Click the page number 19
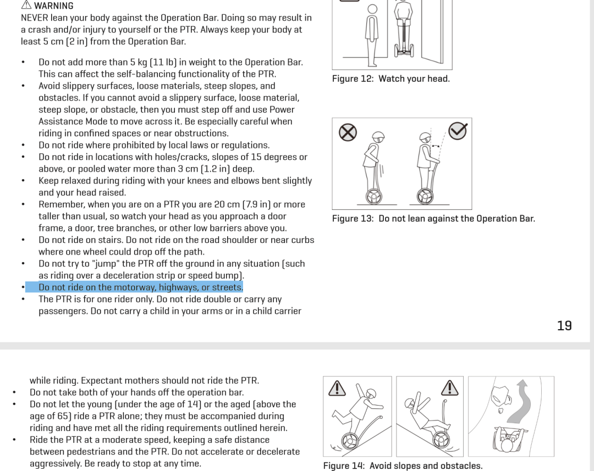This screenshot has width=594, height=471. tap(564, 325)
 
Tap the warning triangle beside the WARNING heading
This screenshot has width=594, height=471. tap(26, 4)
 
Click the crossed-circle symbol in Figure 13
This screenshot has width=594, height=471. tap(348, 132)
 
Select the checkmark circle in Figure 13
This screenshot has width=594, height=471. tap(458, 131)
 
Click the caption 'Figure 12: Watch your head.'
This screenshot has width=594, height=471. tap(391, 79)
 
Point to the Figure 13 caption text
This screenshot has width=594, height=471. tap(433, 218)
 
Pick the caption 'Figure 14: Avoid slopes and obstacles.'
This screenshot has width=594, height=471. tap(403, 466)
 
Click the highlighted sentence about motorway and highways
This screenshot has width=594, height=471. tap(141, 287)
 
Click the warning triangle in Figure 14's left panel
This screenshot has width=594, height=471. tap(337, 389)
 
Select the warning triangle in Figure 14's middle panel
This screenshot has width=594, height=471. tap(450, 388)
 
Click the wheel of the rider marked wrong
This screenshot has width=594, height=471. tap(374, 197)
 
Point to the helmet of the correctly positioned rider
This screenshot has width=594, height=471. tap(425, 137)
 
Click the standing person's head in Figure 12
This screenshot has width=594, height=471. tap(372, 9)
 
